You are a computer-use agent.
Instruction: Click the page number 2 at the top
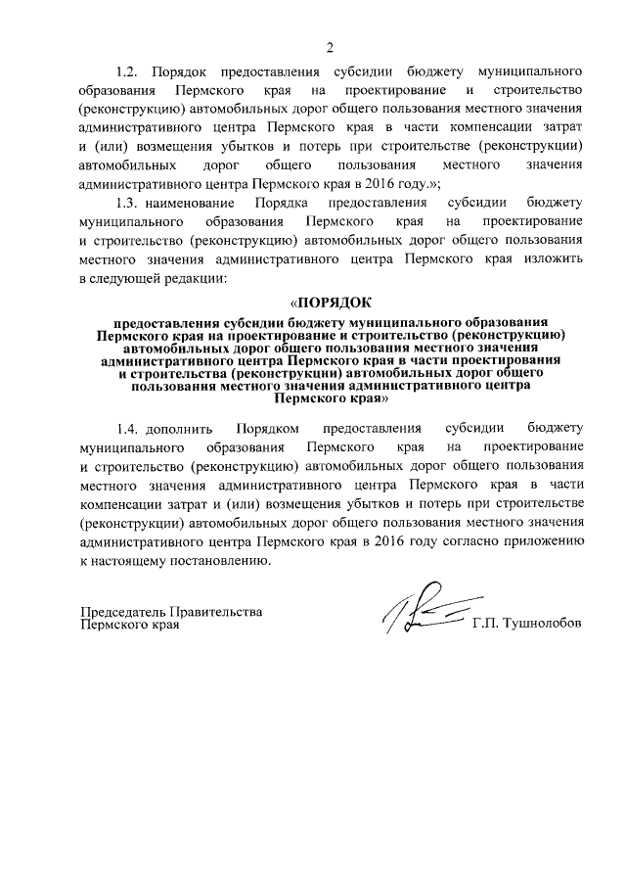pos(331,48)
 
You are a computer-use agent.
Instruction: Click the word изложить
pos(554,259)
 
